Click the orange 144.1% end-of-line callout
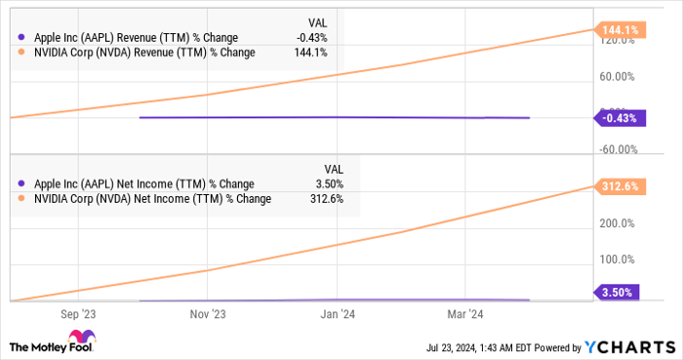(619, 30)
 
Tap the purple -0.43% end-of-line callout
(619, 118)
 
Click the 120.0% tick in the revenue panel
(619, 42)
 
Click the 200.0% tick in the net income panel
(616, 223)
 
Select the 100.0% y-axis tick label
(616, 260)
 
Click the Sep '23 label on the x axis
(79, 314)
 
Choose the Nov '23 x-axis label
(207, 314)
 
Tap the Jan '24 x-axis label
(338, 314)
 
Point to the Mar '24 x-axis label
(464, 314)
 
